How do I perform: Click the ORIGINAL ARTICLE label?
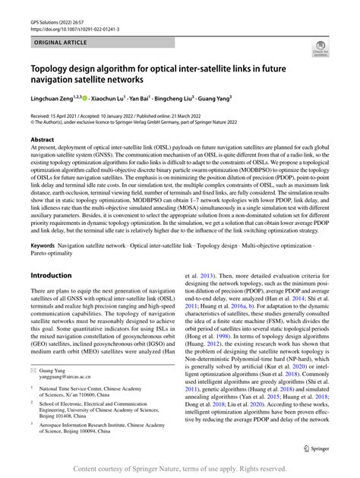click(58, 44)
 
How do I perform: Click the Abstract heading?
click(43, 140)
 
